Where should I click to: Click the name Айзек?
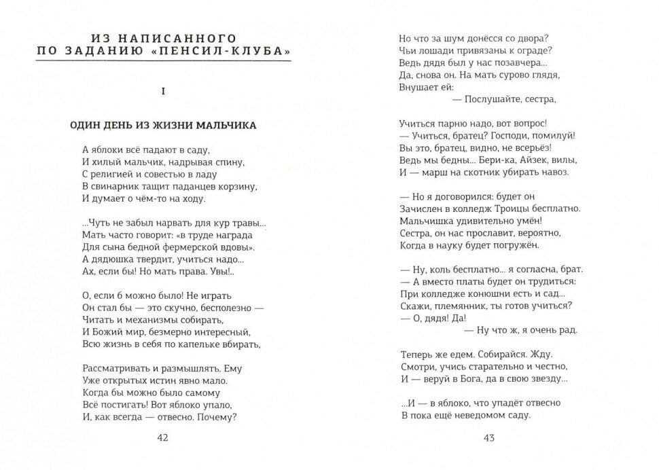click(531, 160)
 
